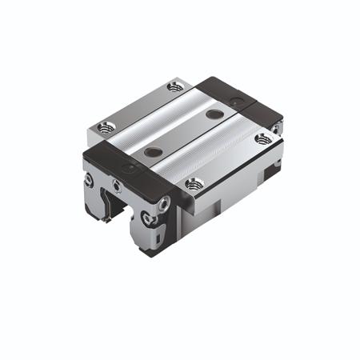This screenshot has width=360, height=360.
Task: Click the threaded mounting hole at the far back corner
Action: [x=176, y=86]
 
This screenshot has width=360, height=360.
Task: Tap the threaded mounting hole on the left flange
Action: [x=104, y=126]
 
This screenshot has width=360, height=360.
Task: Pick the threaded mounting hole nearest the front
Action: [x=193, y=184]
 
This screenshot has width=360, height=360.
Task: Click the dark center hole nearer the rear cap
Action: [x=214, y=114]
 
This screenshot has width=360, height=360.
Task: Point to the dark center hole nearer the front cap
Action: [x=151, y=152]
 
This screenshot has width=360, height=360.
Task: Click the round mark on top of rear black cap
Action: [x=234, y=102]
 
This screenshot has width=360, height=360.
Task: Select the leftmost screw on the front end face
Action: [x=89, y=180]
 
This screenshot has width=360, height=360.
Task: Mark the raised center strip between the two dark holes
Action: [x=182, y=133]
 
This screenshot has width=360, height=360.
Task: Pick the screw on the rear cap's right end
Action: [x=274, y=128]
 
